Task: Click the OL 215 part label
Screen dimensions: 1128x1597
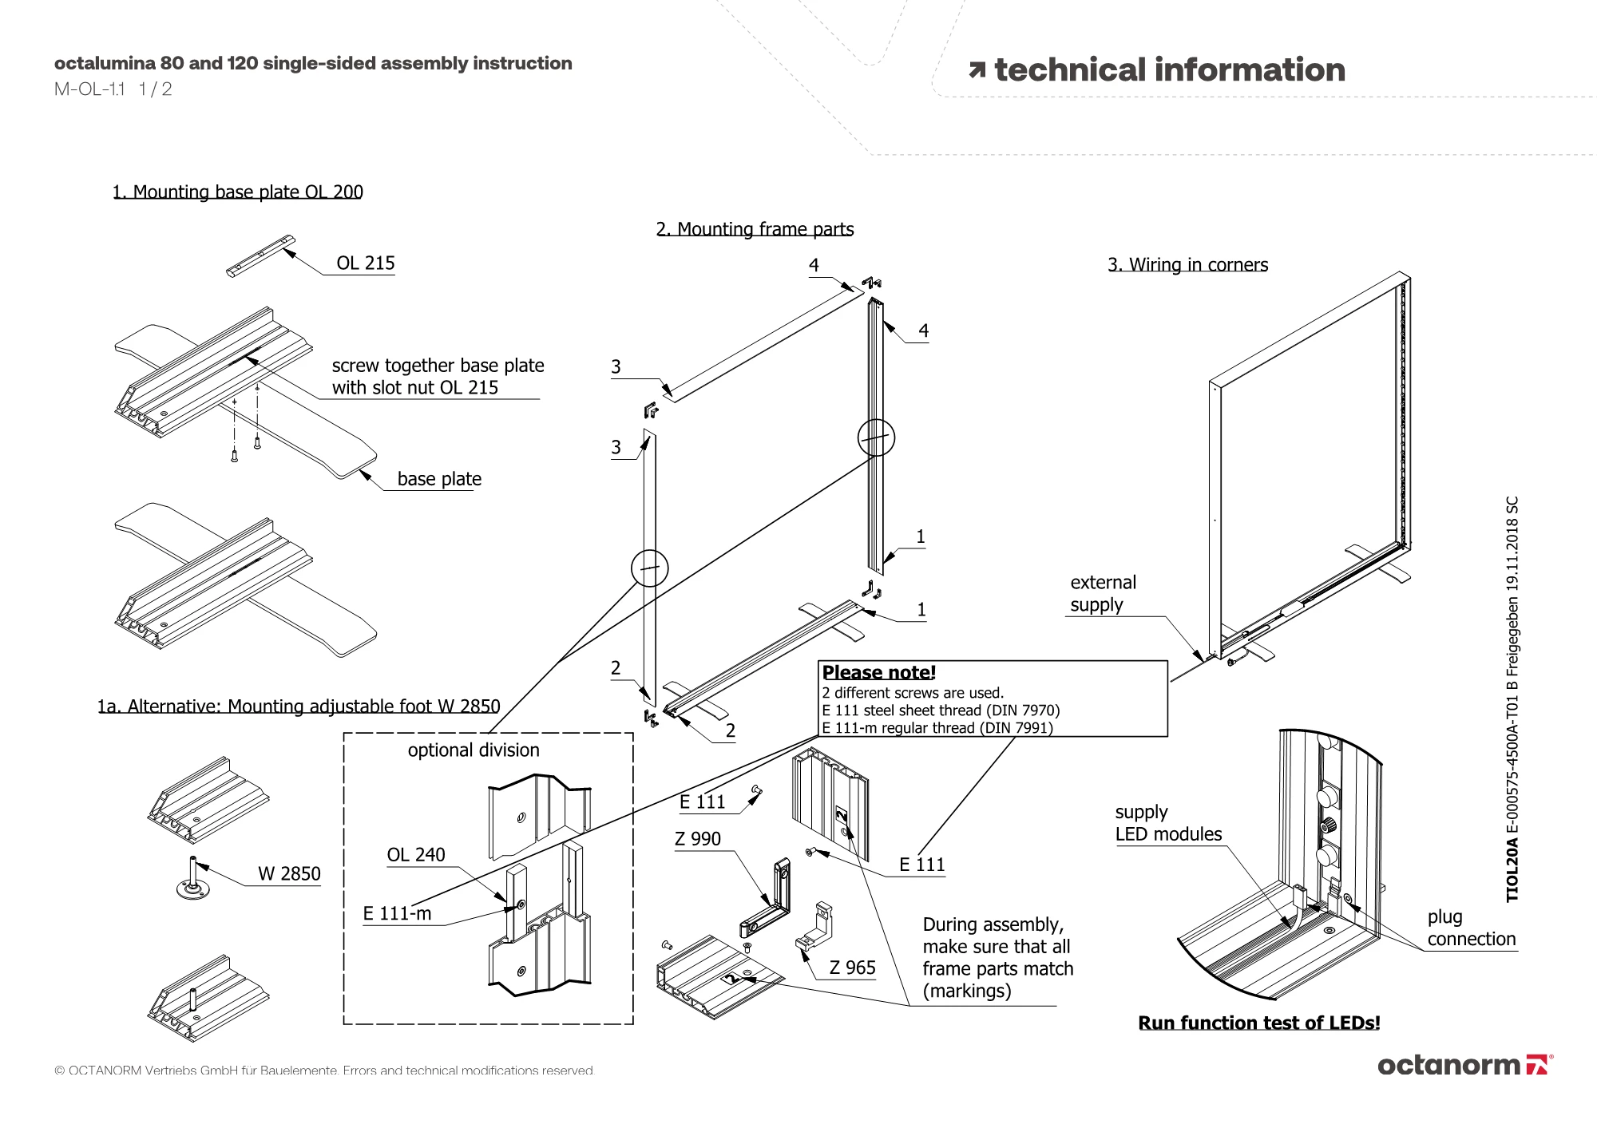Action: [365, 263]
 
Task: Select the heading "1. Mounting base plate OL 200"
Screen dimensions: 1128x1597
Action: [238, 192]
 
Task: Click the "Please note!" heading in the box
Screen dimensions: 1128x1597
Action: [878, 673]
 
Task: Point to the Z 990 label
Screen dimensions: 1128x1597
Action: [697, 839]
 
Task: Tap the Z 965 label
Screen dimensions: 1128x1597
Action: [852, 968]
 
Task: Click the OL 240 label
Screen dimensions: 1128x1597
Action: [415, 855]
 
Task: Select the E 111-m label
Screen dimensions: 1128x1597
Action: [397, 914]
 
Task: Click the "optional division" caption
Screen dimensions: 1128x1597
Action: [474, 750]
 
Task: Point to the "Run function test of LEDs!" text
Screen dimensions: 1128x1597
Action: [1258, 1023]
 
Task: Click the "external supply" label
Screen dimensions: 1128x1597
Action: [1103, 594]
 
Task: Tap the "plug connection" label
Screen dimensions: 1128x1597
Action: [1471, 928]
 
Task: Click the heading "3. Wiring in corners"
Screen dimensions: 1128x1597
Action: [1187, 265]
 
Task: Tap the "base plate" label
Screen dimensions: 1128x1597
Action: [439, 480]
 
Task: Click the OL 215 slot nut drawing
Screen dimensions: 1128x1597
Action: [260, 255]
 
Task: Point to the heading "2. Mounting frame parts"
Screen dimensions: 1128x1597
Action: [755, 230]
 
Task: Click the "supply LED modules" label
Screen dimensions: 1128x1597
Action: [1168, 824]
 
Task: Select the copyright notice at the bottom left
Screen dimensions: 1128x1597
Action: [324, 1071]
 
